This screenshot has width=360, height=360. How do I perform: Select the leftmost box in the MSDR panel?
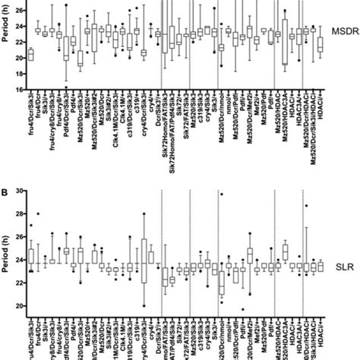(30, 54)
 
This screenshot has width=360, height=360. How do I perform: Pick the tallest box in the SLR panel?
(144, 260)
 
